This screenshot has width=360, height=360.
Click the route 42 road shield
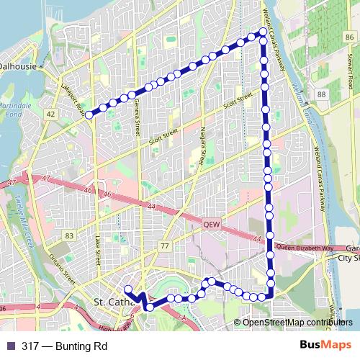tap(50, 114)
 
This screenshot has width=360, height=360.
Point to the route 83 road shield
tap(69, 235)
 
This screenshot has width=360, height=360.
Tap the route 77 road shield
tap(165, 246)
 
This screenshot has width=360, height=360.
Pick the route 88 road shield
tap(321, 95)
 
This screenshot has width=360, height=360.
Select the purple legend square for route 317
tap(10, 345)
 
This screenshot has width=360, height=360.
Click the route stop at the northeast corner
tap(263, 32)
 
